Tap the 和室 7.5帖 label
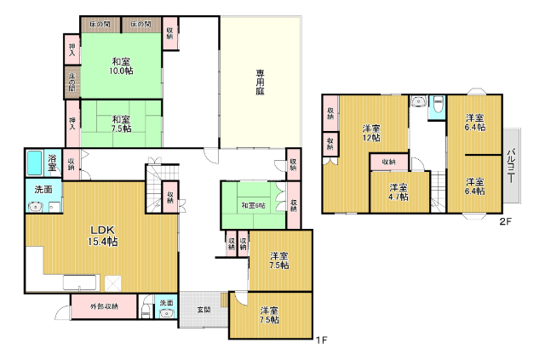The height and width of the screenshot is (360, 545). [x=120, y=124]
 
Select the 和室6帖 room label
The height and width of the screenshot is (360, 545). [x=253, y=205]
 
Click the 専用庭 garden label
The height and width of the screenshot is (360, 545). [x=259, y=83]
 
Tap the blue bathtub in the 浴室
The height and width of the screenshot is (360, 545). [x=35, y=161]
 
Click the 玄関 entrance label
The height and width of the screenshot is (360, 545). [x=204, y=308]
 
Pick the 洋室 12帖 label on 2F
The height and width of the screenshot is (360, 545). [x=370, y=133]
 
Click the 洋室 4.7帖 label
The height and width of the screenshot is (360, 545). [x=398, y=191]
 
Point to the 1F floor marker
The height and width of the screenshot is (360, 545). [x=321, y=341]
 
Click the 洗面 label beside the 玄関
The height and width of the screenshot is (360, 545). [x=166, y=303]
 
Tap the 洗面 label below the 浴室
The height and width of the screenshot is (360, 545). [x=43, y=189]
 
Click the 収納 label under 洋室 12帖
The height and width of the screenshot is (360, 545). [x=388, y=162]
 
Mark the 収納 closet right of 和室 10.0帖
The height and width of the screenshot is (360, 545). [x=171, y=34]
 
